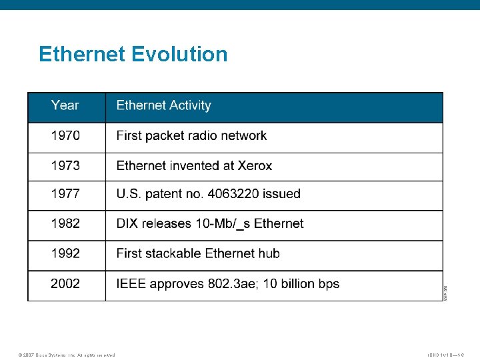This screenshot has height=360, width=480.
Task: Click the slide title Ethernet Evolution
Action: tap(133, 54)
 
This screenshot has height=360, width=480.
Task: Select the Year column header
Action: tap(65, 105)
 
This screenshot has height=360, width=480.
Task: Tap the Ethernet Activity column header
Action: tap(163, 105)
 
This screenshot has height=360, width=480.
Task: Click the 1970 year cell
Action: tap(65, 135)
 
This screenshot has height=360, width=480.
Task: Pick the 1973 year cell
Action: tap(65, 165)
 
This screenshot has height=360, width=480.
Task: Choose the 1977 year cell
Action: tap(65, 194)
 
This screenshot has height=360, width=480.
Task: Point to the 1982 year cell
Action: tap(65, 223)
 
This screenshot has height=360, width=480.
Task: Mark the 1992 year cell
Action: tap(65, 253)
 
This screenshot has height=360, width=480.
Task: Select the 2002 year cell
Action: tap(65, 283)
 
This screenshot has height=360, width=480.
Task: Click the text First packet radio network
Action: tap(191, 135)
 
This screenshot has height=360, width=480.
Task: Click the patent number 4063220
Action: tap(234, 194)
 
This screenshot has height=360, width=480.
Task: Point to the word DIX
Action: tap(128, 223)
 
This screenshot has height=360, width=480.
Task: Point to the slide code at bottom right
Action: tap(450, 355)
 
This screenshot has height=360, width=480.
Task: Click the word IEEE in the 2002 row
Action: tap(131, 283)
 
